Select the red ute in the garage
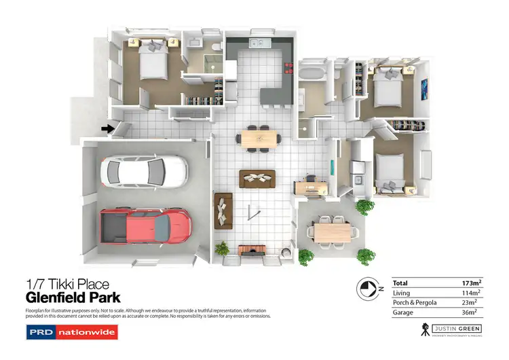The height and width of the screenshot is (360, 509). tap(145, 224)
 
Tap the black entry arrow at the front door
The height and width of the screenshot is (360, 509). tap(107, 128)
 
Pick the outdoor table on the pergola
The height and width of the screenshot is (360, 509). tap(335, 231)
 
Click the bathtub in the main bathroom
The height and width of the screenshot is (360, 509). tap(313, 73)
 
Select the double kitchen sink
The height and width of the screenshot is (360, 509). tap(258, 44)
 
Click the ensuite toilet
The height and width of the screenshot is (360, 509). tap(214, 46)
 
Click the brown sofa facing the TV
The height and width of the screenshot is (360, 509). tap(223, 210)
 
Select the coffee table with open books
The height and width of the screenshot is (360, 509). tap(257, 178)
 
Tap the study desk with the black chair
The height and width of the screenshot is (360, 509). tap(310, 185)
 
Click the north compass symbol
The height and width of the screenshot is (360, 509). tap(366, 288)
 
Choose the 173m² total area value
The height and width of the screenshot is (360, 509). tap(472, 282)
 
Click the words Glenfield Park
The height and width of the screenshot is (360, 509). tap(73, 298)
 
